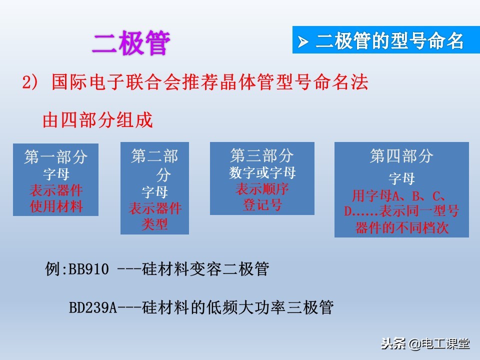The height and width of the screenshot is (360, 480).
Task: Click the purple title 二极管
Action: click(x=131, y=43)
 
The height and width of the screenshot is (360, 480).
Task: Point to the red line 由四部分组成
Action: click(x=97, y=120)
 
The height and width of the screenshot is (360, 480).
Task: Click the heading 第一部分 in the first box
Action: click(x=56, y=157)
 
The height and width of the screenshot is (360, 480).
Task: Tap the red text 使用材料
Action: click(x=56, y=205)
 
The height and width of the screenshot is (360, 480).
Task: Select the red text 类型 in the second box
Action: click(x=154, y=224)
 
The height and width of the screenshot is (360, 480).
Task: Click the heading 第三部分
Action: click(x=262, y=155)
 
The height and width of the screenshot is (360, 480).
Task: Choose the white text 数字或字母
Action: click(x=262, y=173)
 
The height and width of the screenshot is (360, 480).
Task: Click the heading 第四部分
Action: click(x=401, y=156)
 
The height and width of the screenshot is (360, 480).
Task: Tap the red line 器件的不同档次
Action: click(x=401, y=228)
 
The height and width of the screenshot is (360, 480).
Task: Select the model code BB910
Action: click(x=88, y=270)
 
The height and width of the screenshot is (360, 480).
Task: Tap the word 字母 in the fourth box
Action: click(x=401, y=179)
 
